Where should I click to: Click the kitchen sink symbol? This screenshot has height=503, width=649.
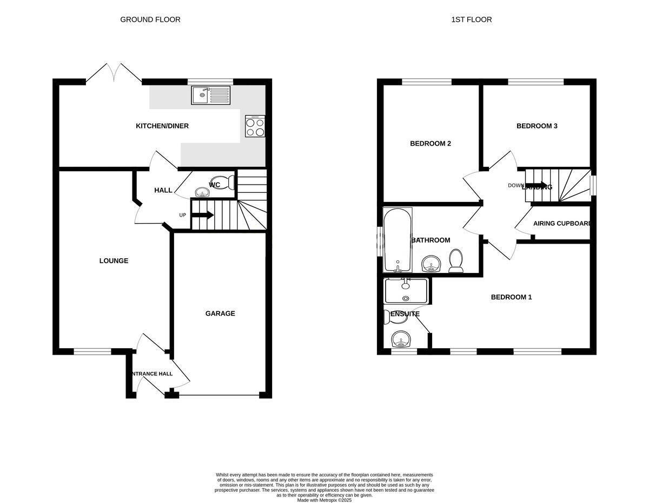tap(210, 95)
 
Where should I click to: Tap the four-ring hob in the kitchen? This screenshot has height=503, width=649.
tap(255, 126)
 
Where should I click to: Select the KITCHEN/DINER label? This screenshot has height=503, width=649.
tap(162, 126)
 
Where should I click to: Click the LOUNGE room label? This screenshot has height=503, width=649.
tap(114, 261)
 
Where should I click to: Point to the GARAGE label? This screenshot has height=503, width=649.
tap(220, 313)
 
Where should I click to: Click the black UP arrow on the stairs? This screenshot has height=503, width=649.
tap(203, 215)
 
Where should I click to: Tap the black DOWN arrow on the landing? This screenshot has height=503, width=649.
tap(536, 185)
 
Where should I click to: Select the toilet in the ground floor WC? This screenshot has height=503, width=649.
tap(223, 182)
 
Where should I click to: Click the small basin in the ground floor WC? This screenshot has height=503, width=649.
tap(202, 192)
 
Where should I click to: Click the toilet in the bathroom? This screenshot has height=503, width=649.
tap(456, 262)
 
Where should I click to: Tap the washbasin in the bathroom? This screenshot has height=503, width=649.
tap(431, 264)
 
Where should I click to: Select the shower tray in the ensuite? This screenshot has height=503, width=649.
tap(406, 291)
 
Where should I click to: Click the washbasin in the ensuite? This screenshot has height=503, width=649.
tap(401, 339)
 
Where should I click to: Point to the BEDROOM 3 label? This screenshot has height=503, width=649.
tap(537, 126)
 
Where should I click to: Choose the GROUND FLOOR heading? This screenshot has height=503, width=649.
tap(150, 19)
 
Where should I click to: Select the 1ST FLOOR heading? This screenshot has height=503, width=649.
tap(471, 19)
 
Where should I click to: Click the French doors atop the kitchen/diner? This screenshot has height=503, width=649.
tap(114, 74)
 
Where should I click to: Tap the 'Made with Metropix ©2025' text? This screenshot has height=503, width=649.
tap(324, 500)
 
